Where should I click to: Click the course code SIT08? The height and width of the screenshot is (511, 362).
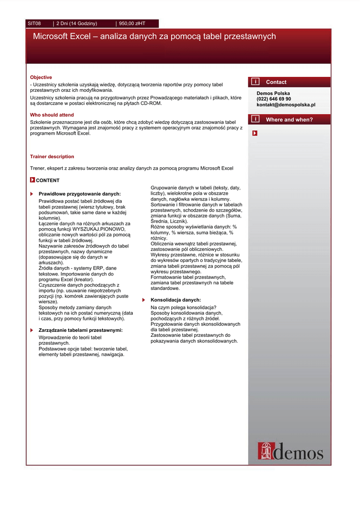pyautogui.click(x=34, y=23)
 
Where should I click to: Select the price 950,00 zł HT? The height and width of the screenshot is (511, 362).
pyautogui.click(x=132, y=23)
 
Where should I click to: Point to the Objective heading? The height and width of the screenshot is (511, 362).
pyautogui.click(x=41, y=77)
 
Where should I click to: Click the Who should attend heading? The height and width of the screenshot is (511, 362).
pyautogui.click(x=52, y=115)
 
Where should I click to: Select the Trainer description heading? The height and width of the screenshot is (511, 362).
pyautogui.click(x=52, y=157)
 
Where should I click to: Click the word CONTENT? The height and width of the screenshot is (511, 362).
pyautogui.click(x=47, y=181)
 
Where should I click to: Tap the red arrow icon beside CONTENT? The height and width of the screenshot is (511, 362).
pyautogui.click(x=32, y=180)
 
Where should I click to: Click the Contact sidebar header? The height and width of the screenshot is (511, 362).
pyautogui.click(x=276, y=82)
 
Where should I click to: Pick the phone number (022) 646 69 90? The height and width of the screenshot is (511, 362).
pyautogui.click(x=274, y=99)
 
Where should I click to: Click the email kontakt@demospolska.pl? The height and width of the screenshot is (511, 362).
pyautogui.click(x=286, y=105)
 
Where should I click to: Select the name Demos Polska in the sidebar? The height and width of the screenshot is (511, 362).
pyautogui.click(x=273, y=93)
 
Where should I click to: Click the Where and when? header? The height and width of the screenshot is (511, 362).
pyautogui.click(x=289, y=120)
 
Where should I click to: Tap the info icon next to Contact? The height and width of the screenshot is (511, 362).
pyautogui.click(x=255, y=82)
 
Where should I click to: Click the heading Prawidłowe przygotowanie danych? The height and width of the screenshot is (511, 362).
pyautogui.click(x=80, y=194)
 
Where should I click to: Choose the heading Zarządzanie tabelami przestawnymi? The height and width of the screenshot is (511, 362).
pyautogui.click(x=80, y=330)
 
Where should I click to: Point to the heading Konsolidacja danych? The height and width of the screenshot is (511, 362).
pyautogui.click(x=176, y=300)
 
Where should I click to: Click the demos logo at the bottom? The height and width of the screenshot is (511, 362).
pyautogui.click(x=290, y=451)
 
